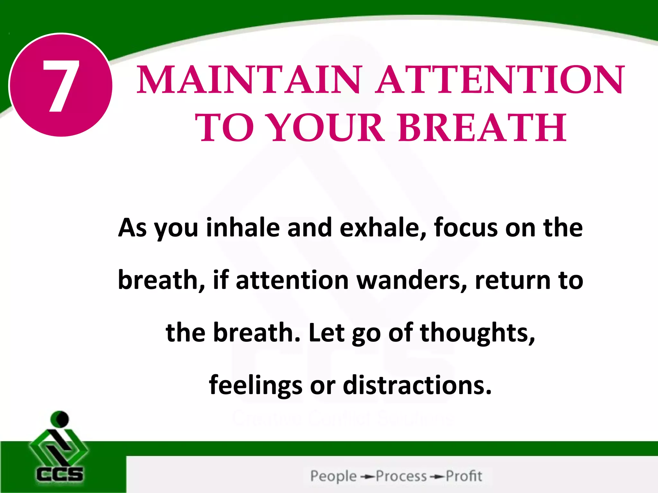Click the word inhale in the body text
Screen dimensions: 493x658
pos(243,228)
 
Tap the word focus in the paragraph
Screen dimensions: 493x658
pos(466,228)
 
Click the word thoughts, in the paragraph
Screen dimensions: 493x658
pos(477,333)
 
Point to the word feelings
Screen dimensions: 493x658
pos(255,385)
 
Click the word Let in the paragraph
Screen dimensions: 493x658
pos(326,333)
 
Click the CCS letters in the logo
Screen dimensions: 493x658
pos(60,474)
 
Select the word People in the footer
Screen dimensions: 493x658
pos(333,476)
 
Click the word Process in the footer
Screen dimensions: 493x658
pos(401,476)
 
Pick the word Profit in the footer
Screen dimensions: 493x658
pos(464,476)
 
